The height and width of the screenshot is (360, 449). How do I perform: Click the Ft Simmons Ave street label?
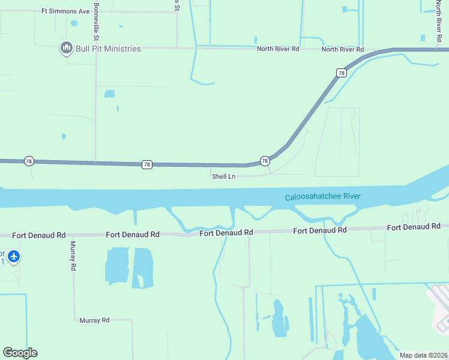65,11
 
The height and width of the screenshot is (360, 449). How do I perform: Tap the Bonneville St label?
96,17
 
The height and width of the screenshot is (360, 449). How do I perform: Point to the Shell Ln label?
223,176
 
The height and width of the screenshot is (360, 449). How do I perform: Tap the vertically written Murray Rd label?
73,255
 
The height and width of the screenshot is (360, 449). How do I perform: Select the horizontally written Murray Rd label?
94,320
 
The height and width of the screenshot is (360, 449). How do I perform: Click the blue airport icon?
14,257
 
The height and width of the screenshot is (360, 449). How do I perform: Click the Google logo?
20,353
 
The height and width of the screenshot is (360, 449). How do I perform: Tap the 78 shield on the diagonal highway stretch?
341,73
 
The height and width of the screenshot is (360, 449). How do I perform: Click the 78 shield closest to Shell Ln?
264,161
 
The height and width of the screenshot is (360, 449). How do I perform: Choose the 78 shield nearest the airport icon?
28,161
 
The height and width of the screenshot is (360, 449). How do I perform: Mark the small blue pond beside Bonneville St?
109,94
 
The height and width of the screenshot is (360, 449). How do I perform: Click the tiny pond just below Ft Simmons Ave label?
74,23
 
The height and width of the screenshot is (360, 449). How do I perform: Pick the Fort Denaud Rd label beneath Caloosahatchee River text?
320,230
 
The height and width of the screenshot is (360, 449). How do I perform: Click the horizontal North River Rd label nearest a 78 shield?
342,49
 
